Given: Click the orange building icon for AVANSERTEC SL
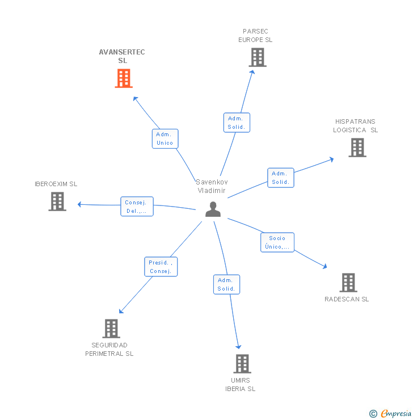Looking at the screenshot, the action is click(124, 78).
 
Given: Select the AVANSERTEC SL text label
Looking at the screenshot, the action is click(122, 56).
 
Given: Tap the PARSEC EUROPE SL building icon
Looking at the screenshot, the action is click(257, 57).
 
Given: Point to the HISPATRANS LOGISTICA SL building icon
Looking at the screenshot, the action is click(357, 148).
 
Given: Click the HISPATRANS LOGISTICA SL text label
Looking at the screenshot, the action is click(355, 125).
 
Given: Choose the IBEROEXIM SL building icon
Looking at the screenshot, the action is click(57, 201).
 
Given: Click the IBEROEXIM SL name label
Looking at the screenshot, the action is click(56, 184).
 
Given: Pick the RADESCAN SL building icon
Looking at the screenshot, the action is click(348, 282).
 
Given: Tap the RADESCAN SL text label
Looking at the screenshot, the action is click(347, 299).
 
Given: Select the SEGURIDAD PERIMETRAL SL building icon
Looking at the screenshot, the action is click(111, 328).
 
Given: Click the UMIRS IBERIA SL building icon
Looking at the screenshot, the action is click(242, 363).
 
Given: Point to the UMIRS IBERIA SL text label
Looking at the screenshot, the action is click(241, 385).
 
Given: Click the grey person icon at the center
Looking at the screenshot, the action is click(213, 209).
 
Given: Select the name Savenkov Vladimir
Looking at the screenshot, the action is click(211, 186).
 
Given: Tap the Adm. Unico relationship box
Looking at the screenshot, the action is click(165, 138).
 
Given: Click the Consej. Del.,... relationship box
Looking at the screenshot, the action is click(136, 207).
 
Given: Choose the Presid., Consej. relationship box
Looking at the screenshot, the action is click(161, 267).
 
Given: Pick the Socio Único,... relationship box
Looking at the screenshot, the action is click(277, 242).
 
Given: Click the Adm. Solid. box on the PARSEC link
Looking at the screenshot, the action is click(236, 123).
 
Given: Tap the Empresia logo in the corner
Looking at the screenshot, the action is click(390, 414).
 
